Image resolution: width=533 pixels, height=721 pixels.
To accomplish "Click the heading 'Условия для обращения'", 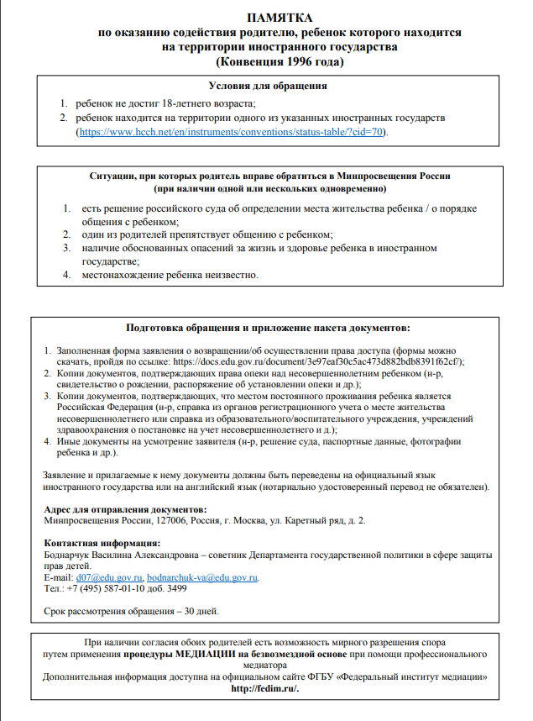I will [x=267, y=86].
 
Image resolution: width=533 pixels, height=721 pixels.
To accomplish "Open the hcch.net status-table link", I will [x=232, y=133].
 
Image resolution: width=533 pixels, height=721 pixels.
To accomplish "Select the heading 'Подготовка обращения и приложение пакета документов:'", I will [x=267, y=327].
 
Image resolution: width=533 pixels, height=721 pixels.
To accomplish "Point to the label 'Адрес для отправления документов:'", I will [x=124, y=509].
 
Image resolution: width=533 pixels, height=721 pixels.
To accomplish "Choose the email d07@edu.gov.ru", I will [x=109, y=578].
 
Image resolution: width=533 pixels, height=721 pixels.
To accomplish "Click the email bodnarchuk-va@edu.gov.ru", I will [x=202, y=578].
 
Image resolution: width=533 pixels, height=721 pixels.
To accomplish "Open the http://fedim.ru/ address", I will [x=265, y=687].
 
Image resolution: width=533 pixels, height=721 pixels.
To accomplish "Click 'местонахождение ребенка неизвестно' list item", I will [x=170, y=276].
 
